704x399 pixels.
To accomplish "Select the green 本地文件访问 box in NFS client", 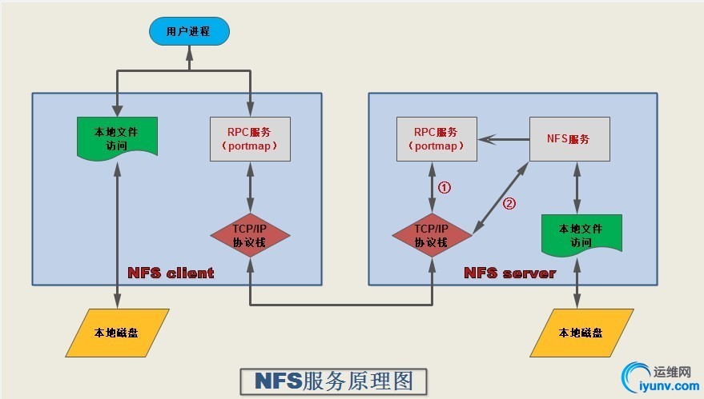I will (117, 138).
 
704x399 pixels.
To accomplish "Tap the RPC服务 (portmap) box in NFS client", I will (250, 139).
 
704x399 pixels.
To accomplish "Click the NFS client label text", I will (171, 273).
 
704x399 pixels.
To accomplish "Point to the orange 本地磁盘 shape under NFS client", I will (117, 332).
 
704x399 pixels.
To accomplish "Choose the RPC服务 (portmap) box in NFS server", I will (436, 139).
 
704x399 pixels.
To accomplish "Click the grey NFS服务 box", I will (569, 139).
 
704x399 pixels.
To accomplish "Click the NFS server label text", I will (509, 273).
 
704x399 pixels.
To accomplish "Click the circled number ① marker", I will (445, 188).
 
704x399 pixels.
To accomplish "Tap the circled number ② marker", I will (509, 203).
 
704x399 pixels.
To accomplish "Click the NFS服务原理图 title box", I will (334, 381).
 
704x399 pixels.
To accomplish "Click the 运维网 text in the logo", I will (672, 372).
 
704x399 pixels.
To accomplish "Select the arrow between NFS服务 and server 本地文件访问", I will (577, 187).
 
